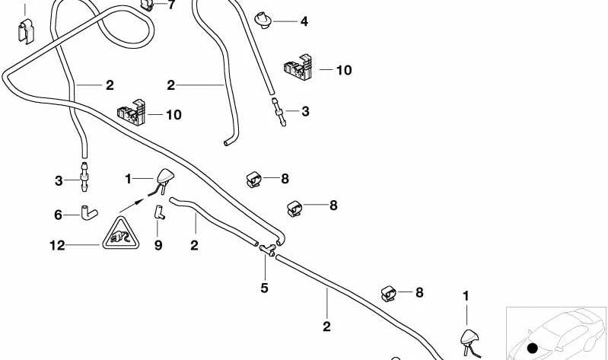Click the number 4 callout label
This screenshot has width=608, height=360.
point(304,22)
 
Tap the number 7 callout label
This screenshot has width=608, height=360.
point(171,5)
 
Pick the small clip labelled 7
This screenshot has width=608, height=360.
point(148,6)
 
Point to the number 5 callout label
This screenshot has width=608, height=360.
point(265,288)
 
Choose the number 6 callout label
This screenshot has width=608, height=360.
point(58,215)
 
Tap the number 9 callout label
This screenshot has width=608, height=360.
point(159,245)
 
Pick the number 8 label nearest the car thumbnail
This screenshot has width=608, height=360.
point(419,292)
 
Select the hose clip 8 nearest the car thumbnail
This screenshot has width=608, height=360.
point(389,292)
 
